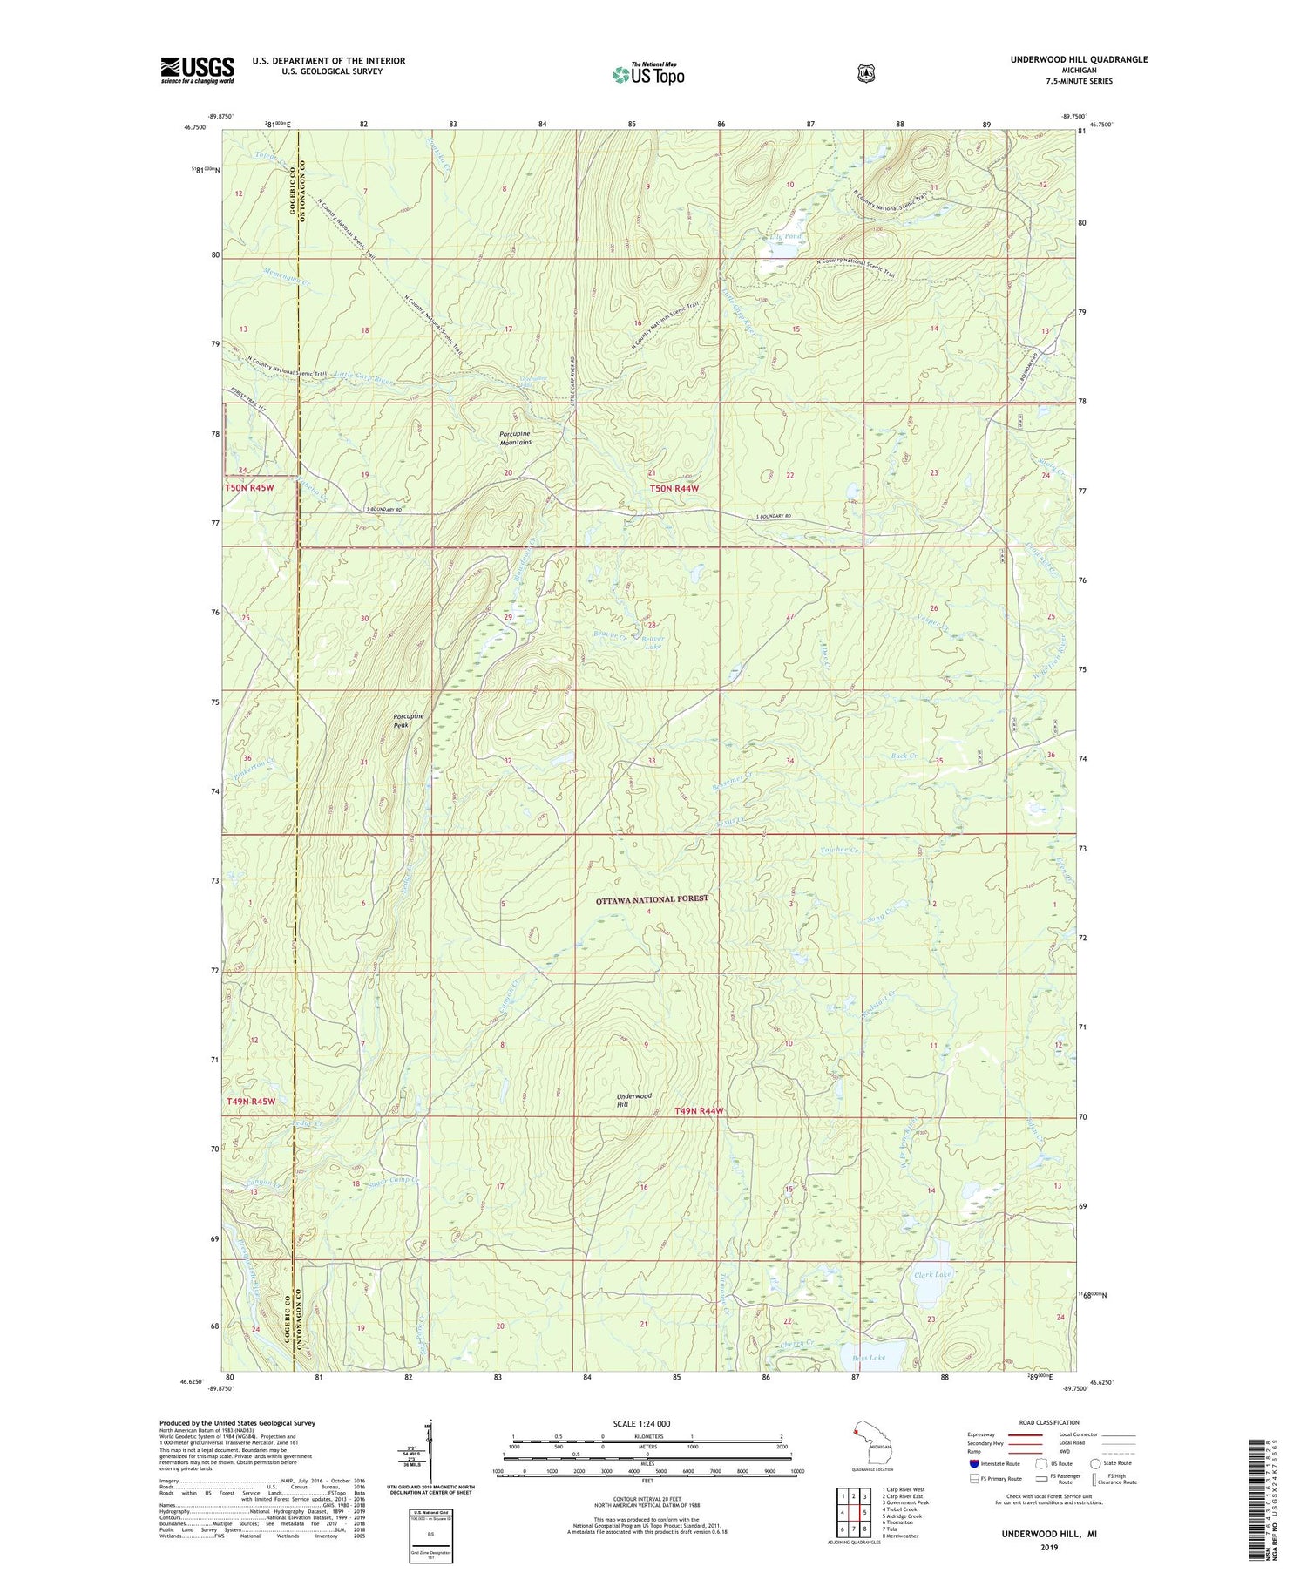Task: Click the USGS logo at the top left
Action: pos(197,70)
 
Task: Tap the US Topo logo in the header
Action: pos(648,74)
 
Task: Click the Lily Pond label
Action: pos(786,237)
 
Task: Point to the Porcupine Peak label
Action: pos(408,720)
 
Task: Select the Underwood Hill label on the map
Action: pos(633,1100)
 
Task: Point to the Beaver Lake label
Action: pos(653,642)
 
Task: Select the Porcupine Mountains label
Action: pos(515,437)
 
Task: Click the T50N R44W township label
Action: pos(674,489)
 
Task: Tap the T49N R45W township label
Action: pos(251,1102)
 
